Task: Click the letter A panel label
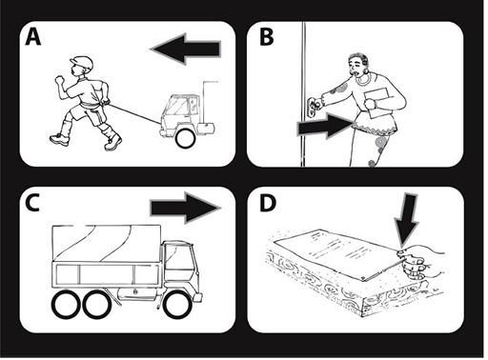(33, 37)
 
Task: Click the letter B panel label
(266, 37)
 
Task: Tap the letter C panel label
(32, 202)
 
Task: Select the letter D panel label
(268, 202)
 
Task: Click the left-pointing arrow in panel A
(185, 50)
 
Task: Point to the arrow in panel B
(326, 127)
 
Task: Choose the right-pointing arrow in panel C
(186, 209)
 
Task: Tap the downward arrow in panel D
(406, 219)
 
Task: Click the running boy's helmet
(82, 63)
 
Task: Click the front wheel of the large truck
(177, 305)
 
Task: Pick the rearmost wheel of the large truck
(67, 305)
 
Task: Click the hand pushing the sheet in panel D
(418, 262)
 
